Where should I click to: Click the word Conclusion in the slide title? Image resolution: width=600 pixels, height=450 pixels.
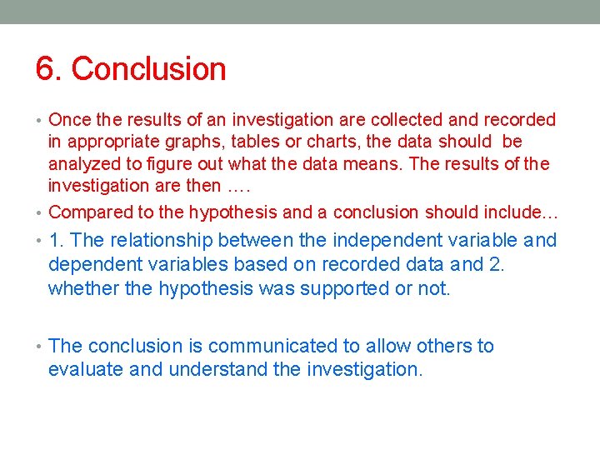pyautogui.click(x=149, y=69)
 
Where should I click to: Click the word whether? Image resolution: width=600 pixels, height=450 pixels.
pyautogui.click(x=82, y=288)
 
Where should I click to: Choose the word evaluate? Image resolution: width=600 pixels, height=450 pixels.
pyautogui.click(x=86, y=368)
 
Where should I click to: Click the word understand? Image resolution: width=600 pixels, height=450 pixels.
pyautogui.click(x=218, y=368)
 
